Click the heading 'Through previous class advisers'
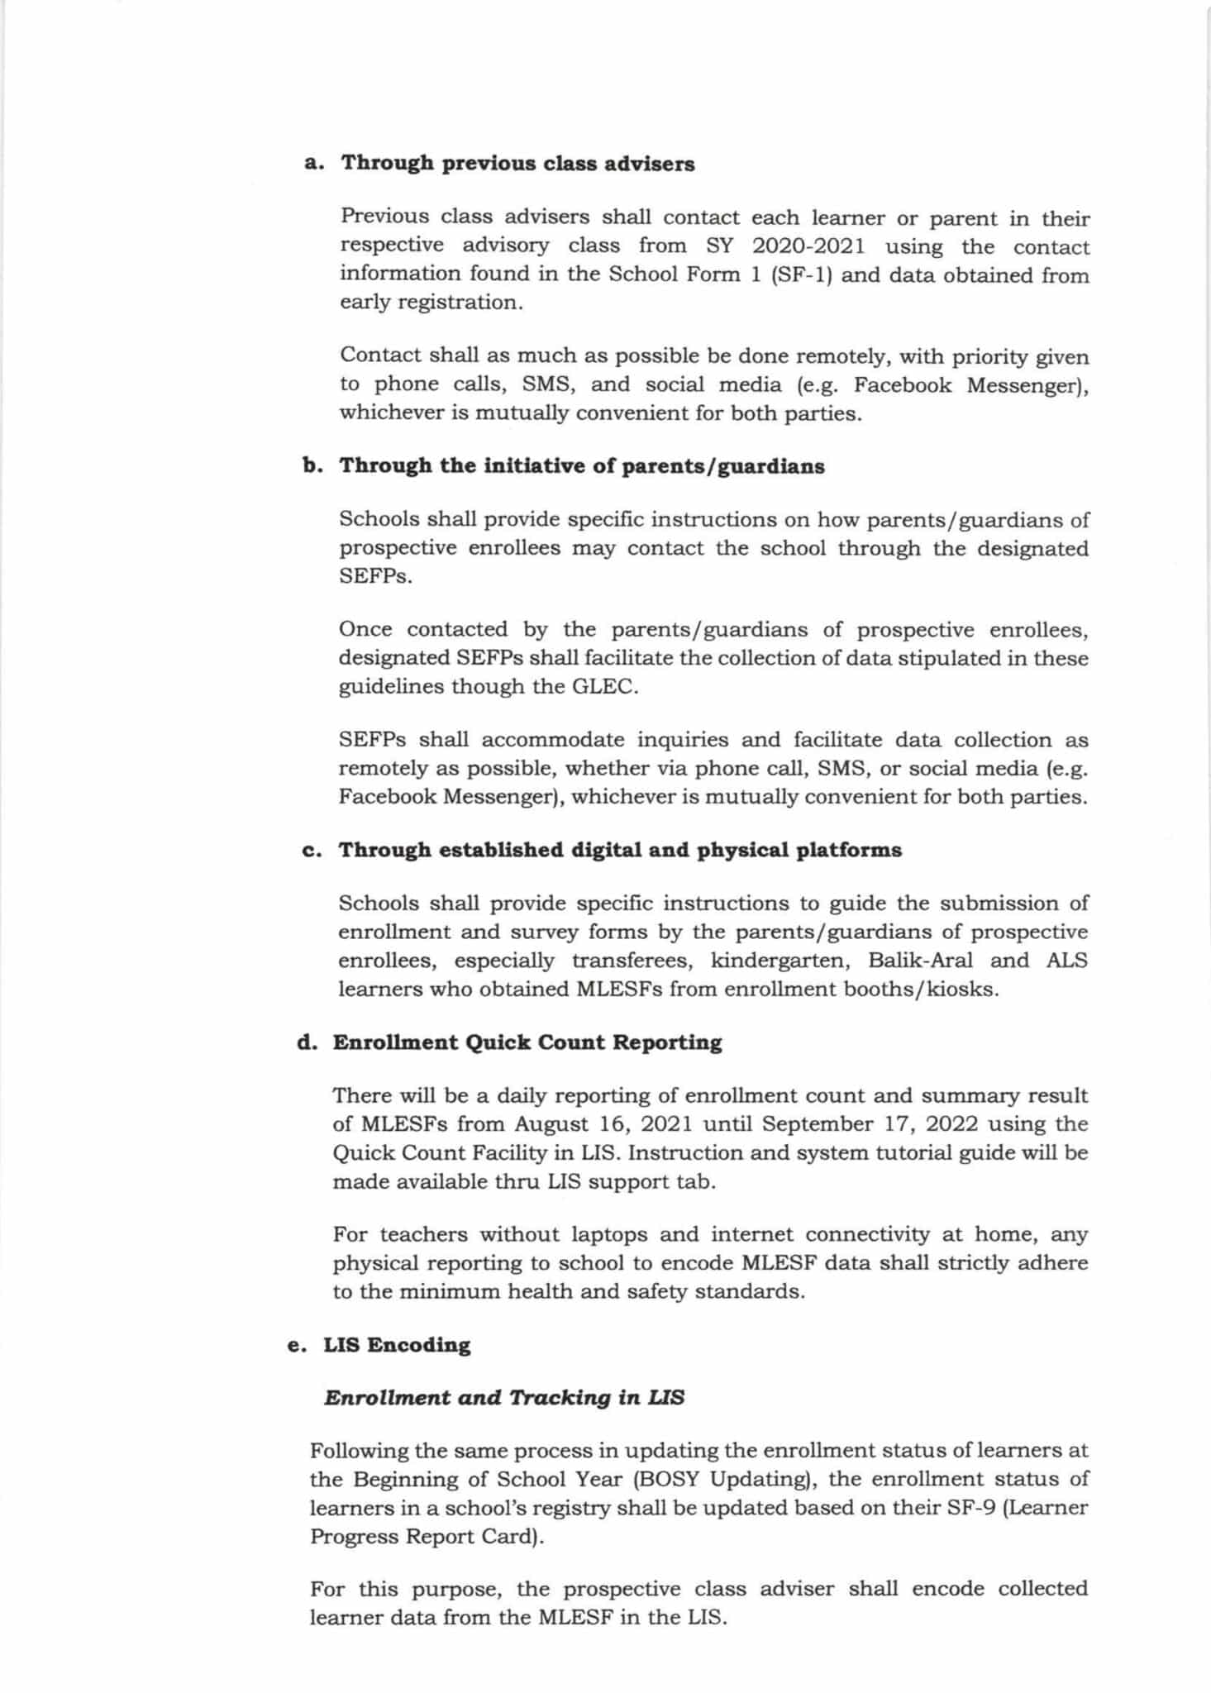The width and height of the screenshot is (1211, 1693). (518, 163)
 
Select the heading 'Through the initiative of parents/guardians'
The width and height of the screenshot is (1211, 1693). (582, 466)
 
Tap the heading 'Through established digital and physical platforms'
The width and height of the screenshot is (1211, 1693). (619, 851)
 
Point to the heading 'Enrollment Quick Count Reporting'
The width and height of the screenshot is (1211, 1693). (527, 1042)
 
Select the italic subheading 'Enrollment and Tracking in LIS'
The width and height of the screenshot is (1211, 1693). (504, 1398)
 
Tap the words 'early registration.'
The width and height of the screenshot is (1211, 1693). (431, 303)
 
